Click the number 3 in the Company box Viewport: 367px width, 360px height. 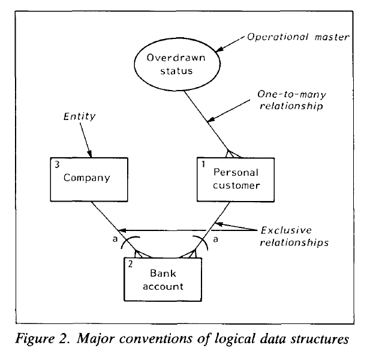tap(57, 164)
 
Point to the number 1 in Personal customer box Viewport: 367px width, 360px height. tap(203, 164)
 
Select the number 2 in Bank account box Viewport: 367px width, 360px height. tap(130, 264)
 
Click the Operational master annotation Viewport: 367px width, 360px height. tap(298, 37)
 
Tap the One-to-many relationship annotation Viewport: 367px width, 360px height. tap(291, 100)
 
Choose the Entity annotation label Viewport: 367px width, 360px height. tap(80, 116)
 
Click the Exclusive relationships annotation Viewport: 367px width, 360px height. tap(294, 236)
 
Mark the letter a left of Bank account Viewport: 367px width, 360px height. tap(115, 239)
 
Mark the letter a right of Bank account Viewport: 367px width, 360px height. tap(215, 239)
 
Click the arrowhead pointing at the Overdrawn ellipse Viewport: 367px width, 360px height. tap(219, 49)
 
